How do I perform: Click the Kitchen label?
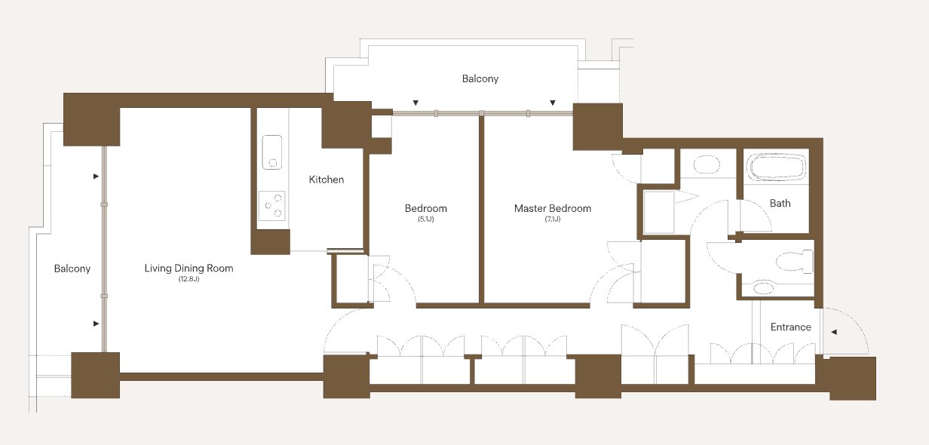[x=327, y=180]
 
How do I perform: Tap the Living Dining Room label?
[x=189, y=269]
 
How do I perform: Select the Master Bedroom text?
[x=553, y=208]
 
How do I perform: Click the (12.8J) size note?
[x=189, y=279]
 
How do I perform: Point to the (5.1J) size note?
[x=426, y=219]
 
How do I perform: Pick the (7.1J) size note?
[x=553, y=219]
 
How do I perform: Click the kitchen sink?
[x=272, y=152]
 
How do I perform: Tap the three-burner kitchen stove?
[x=271, y=206]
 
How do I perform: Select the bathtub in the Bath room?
[x=776, y=167]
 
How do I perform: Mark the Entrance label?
[x=790, y=327]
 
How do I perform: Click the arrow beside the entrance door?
[x=834, y=332]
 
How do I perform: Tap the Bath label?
[x=780, y=203]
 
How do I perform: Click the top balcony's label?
[x=480, y=78]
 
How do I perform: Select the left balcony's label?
[x=72, y=269]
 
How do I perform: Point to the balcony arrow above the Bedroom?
[x=415, y=103]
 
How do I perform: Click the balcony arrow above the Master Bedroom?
[x=553, y=103]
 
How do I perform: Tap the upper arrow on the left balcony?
[x=97, y=176]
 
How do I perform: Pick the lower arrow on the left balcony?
[x=97, y=324]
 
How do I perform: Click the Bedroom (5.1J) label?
[x=426, y=213]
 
